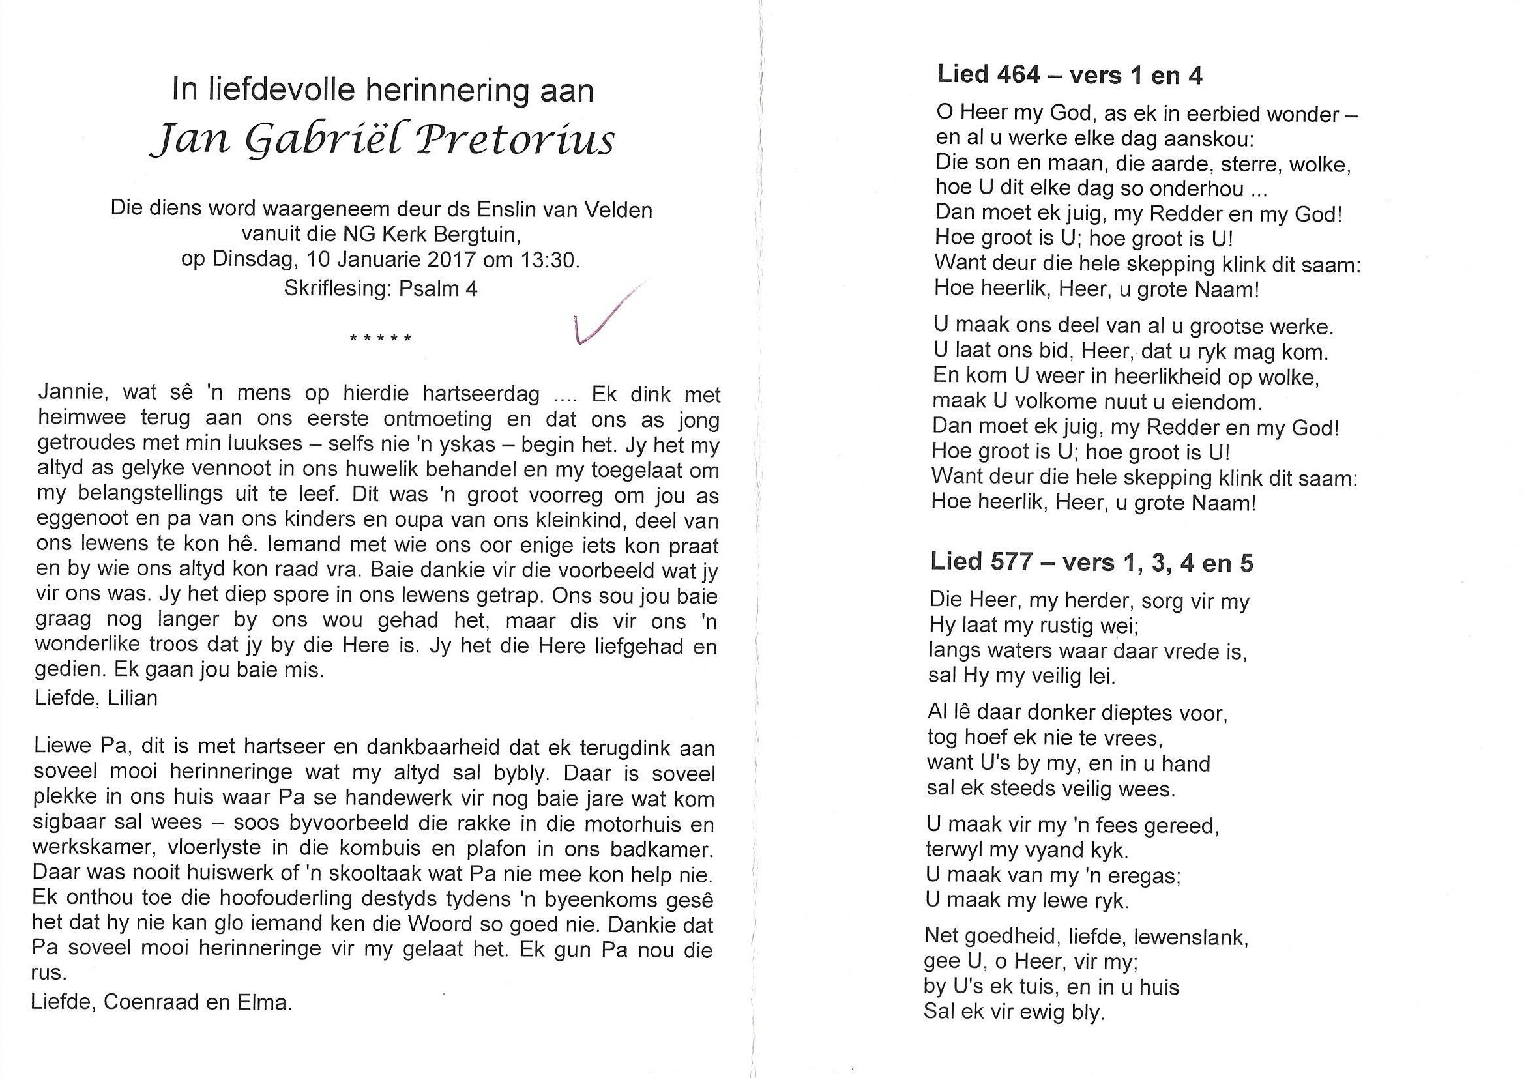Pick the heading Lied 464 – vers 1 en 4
pyautogui.click(x=1069, y=76)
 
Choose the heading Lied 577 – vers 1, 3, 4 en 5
pyautogui.click(x=1091, y=563)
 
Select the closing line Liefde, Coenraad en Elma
pyautogui.click(x=161, y=1002)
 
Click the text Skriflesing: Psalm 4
pyautogui.click(x=380, y=289)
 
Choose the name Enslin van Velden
pyautogui.click(x=564, y=210)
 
